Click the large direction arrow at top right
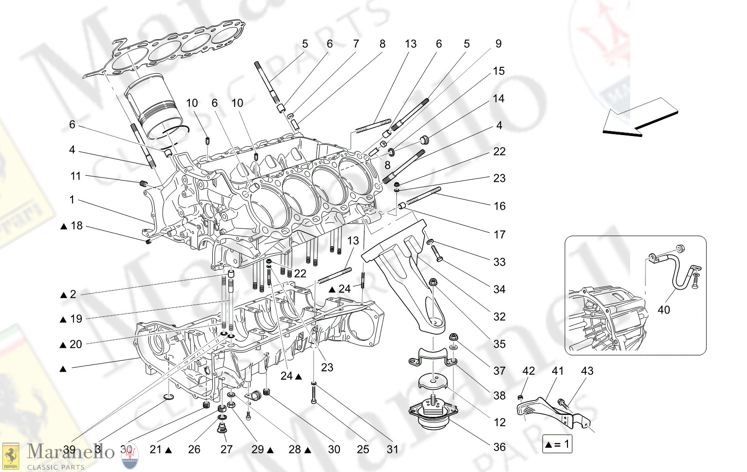click(x=638, y=118)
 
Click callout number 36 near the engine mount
click(x=499, y=447)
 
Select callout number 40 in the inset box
click(x=663, y=310)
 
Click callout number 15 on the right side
click(x=499, y=71)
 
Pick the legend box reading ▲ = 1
click(x=557, y=444)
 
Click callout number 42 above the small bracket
click(x=528, y=371)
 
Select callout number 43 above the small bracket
click(x=587, y=371)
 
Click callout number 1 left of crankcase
click(x=72, y=200)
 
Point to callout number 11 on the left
click(x=75, y=176)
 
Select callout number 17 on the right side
click(x=499, y=235)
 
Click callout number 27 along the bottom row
click(x=226, y=450)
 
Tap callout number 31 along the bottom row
click(x=393, y=450)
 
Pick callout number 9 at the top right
click(x=498, y=44)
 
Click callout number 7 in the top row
click(x=356, y=44)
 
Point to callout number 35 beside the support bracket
click(x=499, y=344)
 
